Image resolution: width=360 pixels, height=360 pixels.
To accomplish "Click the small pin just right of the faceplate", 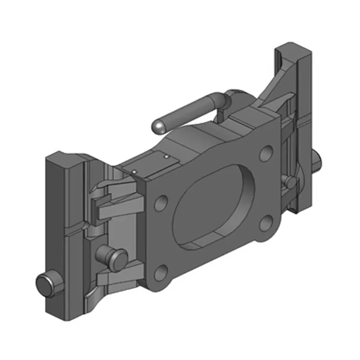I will click(290, 181).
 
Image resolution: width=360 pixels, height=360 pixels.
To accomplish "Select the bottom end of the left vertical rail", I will click(56, 313).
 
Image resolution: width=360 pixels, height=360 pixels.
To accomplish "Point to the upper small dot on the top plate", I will click(166, 157).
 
